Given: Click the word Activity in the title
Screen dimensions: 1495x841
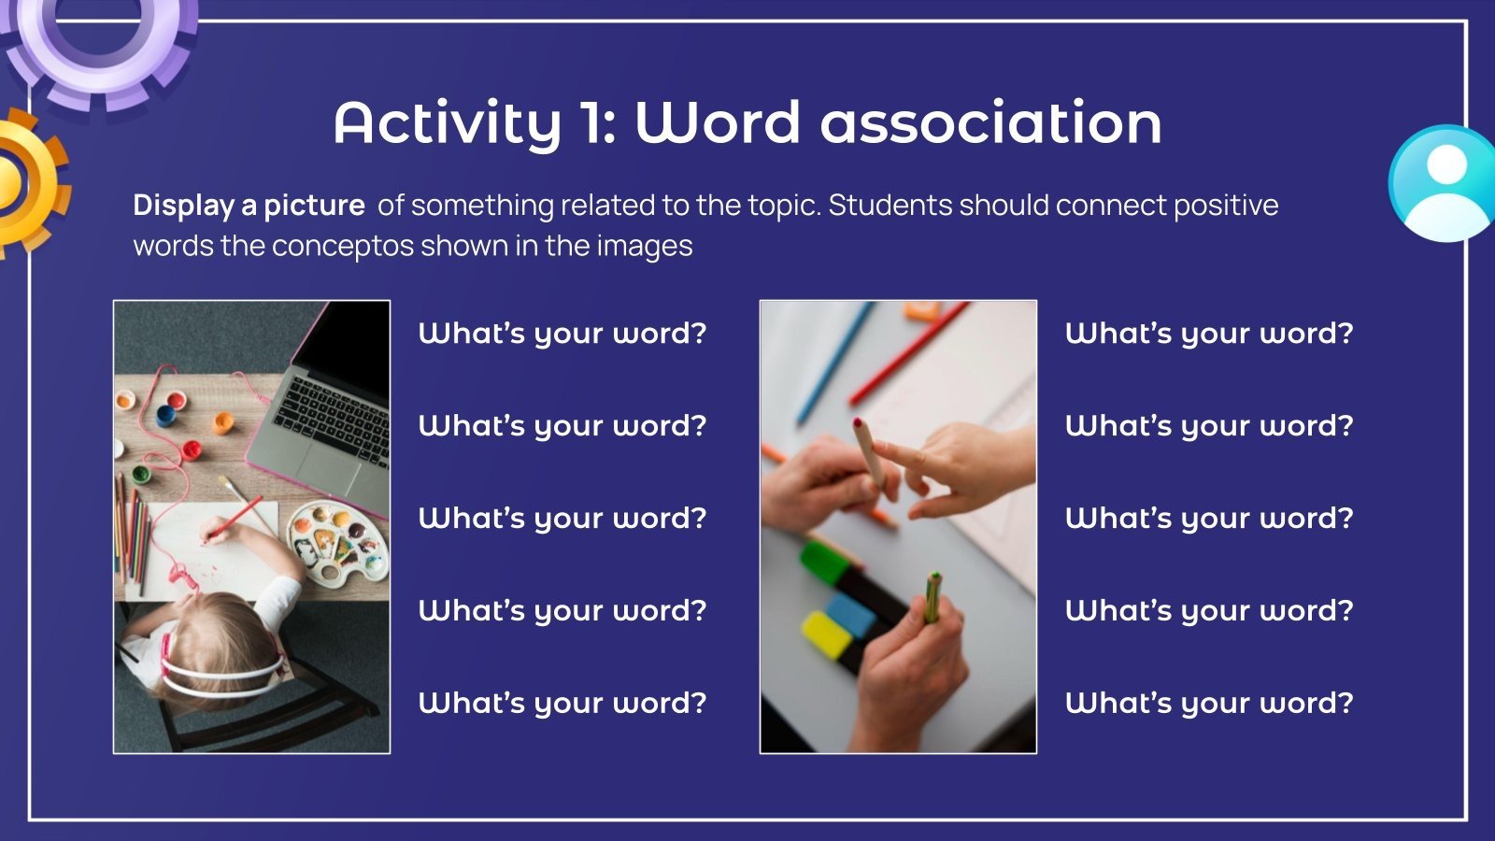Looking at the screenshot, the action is [x=448, y=124].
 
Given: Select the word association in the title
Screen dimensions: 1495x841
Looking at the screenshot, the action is [x=991, y=122].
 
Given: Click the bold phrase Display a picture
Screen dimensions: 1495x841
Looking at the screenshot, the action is [x=249, y=206].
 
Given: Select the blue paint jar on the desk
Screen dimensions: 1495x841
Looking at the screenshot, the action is [x=166, y=416].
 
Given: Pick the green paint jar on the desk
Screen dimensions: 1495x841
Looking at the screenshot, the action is [x=141, y=475].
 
